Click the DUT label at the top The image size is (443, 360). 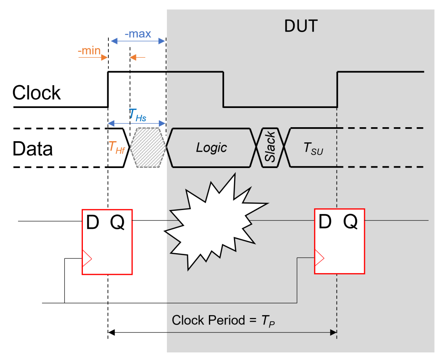301,26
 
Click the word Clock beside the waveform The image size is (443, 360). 36,93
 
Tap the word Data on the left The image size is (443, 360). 32,149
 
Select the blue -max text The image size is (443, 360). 138,34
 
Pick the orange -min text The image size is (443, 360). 89,51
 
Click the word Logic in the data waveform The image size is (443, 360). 211,148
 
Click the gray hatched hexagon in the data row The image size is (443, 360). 149,148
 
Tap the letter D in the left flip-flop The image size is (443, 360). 92,222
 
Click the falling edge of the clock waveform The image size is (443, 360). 223,90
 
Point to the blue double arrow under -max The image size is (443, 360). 138,41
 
